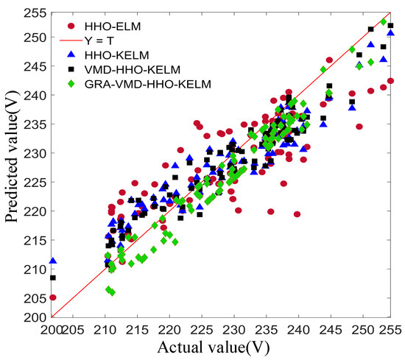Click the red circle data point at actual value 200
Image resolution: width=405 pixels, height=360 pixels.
tap(53, 297)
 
